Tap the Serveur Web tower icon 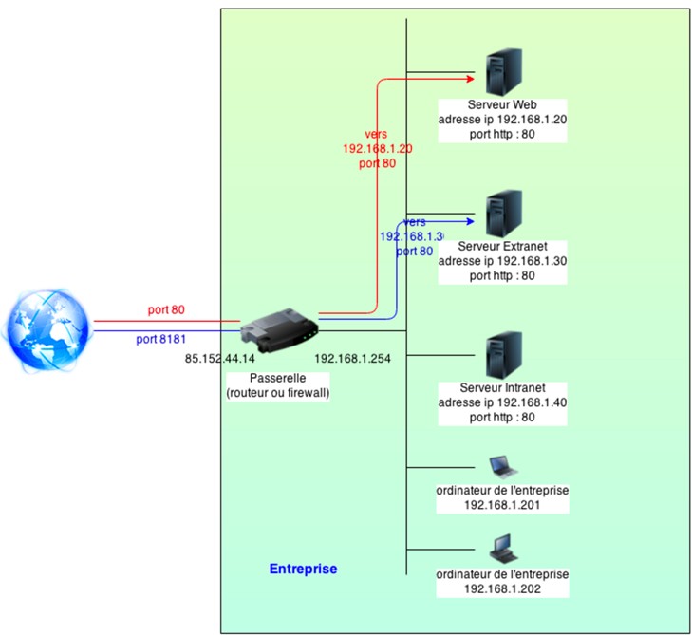501,72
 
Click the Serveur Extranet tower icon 501,215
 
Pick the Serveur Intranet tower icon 501,355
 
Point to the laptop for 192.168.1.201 502,466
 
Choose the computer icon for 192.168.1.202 502,550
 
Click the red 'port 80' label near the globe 166,310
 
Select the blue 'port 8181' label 159,339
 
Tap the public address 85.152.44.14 220,359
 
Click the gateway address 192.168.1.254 352,359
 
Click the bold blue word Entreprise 303,569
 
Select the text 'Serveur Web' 502,104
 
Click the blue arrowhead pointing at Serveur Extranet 468,221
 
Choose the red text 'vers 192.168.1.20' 377,141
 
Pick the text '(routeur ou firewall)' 277,392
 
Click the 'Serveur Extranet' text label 502,246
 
